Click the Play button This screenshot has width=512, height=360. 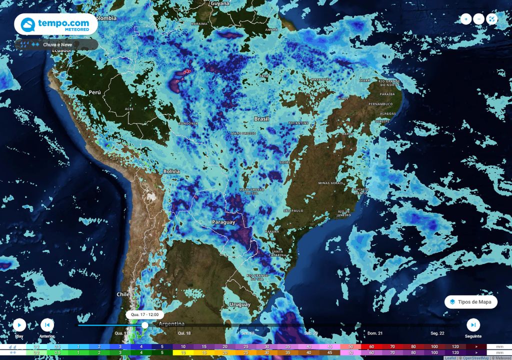[19, 325]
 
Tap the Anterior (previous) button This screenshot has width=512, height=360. [47, 325]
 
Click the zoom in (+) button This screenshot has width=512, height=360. [466, 19]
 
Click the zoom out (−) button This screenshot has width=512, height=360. [479, 19]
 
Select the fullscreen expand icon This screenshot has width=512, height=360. [492, 19]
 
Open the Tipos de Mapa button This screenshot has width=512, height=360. [470, 302]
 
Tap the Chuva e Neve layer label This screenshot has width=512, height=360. [56, 44]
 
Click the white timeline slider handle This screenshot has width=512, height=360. [144, 325]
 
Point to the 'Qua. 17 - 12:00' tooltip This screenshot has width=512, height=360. [145, 314]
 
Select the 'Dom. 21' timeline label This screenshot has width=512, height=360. [375, 333]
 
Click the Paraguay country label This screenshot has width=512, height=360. [223, 222]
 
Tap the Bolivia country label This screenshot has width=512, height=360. [171, 171]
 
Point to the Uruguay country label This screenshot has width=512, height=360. [240, 304]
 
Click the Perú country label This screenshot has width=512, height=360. [95, 92]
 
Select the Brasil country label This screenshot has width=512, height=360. [261, 119]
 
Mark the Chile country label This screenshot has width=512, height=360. [123, 294]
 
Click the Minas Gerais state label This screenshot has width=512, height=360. [331, 183]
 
